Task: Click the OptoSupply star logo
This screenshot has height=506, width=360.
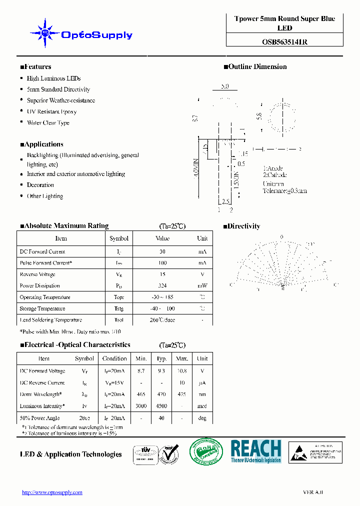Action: point(45,33)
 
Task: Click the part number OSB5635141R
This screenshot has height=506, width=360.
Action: point(284,42)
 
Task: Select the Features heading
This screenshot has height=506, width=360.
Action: point(35,66)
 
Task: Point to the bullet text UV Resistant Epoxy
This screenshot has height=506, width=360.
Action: point(51,111)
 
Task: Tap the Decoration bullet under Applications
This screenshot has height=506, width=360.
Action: point(40,185)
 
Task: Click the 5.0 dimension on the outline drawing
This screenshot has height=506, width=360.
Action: point(224,86)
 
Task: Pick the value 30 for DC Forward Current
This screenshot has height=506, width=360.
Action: point(162,251)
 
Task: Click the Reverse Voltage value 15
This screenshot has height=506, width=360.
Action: point(162,274)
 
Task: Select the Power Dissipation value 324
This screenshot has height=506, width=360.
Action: point(162,286)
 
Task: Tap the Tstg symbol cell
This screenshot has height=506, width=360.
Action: point(118,308)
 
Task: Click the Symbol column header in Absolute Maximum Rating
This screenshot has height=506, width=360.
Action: point(119,238)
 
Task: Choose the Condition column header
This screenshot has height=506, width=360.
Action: point(114,358)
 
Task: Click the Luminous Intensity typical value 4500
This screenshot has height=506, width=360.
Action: point(161,406)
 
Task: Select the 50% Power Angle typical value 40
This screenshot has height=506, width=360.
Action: point(161,418)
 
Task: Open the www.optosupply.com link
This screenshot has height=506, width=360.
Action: point(52,492)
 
